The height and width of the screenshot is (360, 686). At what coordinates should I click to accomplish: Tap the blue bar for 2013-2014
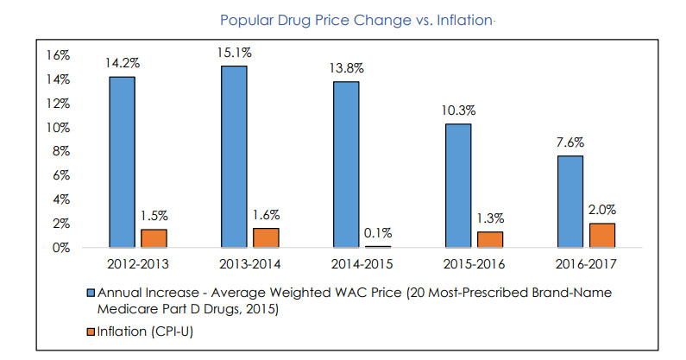click(234, 156)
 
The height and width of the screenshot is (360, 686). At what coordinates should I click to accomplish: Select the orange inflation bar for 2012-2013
click(154, 238)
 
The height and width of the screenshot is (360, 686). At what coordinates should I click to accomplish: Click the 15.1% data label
click(234, 52)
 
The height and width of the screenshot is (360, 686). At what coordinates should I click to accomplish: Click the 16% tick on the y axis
click(56, 54)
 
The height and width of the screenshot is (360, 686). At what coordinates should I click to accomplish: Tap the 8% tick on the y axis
click(60, 151)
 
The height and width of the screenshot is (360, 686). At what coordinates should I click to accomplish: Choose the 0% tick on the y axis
click(60, 248)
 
